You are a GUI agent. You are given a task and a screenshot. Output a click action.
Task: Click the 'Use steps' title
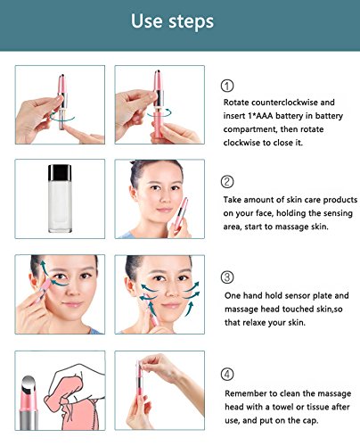tap(172, 21)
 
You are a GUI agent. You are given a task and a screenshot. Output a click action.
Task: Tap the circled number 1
tap(227, 86)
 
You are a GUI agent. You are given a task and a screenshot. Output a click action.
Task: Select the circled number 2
tap(227, 181)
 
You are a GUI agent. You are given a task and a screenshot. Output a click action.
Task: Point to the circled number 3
tap(227, 277)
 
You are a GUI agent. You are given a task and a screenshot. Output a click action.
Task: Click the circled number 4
tap(227, 374)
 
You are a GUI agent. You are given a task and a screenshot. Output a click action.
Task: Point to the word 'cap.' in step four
tap(310, 421)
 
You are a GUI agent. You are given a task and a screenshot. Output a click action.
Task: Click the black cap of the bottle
tap(60, 172)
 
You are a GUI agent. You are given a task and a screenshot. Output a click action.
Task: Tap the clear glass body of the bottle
tap(60, 206)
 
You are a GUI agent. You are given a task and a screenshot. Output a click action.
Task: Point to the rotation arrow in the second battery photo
tap(160, 113)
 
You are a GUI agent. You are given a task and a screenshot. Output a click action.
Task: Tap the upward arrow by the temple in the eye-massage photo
tap(44, 270)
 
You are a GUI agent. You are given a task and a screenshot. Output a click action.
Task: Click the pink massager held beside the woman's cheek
tap(179, 215)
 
